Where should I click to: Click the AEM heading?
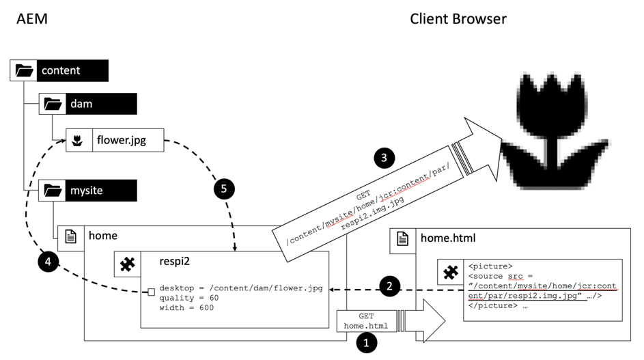[31, 18]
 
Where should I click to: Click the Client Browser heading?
[458, 18]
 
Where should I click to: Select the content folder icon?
[24, 70]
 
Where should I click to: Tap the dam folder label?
[81, 104]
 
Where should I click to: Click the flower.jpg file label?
[121, 141]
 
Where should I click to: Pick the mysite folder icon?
[53, 191]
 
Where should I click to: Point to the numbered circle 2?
[389, 286]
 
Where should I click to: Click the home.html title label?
[448, 238]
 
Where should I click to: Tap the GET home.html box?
[365, 321]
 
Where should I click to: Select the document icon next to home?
[70, 236]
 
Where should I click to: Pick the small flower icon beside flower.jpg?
[79, 141]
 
